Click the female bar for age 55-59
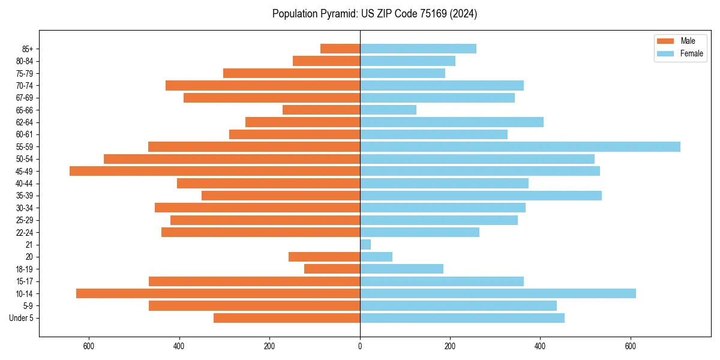pos(520,147)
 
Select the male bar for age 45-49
pos(215,171)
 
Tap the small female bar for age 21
pos(365,245)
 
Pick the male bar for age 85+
pos(340,49)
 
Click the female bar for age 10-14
pos(497,293)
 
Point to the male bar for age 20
pos(324,257)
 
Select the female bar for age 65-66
pos(388,110)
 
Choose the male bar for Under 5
pos(287,318)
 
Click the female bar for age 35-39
pos(481,196)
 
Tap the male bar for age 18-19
pos(332,269)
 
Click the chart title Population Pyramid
pos(374,14)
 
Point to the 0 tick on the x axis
pos(360,346)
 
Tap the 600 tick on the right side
pos(630,346)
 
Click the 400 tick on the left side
pos(179,346)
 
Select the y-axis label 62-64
pos(25,122)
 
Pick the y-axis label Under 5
pos(21,318)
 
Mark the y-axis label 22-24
pos(25,232)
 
